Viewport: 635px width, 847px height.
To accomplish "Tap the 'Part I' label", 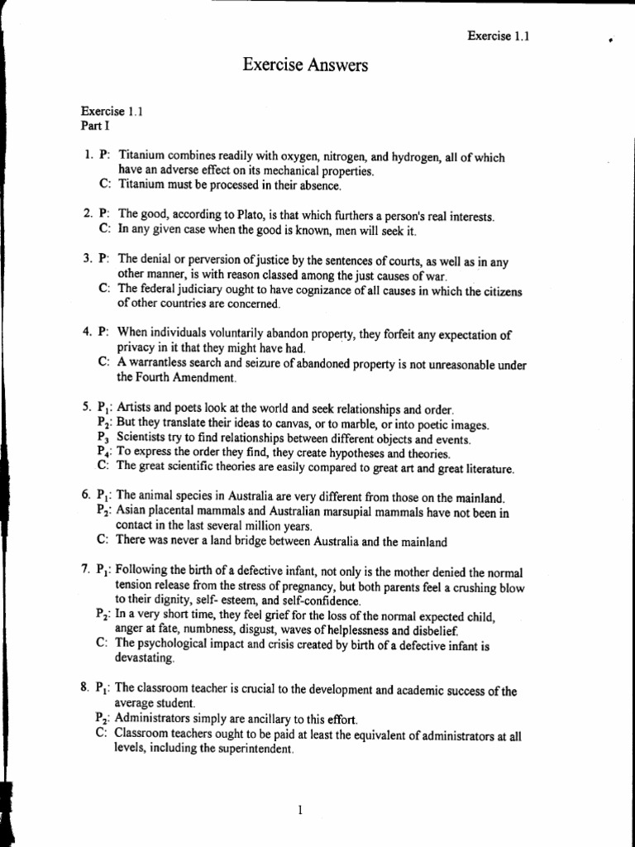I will point(94,126).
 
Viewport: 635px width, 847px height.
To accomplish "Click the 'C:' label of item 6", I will point(103,543).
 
